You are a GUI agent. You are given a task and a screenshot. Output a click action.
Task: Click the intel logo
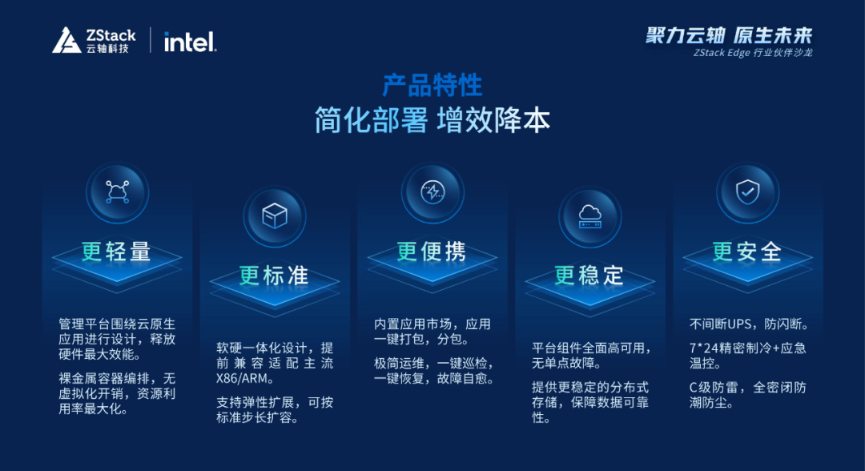pyautogui.click(x=191, y=42)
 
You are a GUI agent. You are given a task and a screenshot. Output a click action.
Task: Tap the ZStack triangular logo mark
pyautogui.click(x=66, y=41)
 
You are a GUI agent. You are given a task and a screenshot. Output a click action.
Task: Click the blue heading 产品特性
pyautogui.click(x=432, y=86)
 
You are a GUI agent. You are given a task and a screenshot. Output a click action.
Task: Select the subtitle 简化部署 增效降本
pyautogui.click(x=432, y=120)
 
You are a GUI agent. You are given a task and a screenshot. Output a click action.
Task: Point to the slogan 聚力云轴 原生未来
pyautogui.click(x=729, y=35)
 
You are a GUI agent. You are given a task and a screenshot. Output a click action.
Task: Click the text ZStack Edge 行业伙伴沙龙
pyautogui.click(x=753, y=53)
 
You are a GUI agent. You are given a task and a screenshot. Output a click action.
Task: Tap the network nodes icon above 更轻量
pyautogui.click(x=118, y=192)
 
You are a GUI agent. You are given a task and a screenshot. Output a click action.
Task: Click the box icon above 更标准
pyautogui.click(x=275, y=215)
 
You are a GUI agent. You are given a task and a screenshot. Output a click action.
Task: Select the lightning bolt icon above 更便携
pyautogui.click(x=432, y=192)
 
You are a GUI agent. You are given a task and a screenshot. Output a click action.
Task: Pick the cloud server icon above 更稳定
pyautogui.click(x=589, y=216)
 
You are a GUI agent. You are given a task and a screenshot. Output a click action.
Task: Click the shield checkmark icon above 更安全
pyautogui.click(x=747, y=192)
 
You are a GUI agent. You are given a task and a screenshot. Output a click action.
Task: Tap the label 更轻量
pyautogui.click(x=117, y=252)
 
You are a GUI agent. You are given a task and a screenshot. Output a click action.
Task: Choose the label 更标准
pyautogui.click(x=274, y=276)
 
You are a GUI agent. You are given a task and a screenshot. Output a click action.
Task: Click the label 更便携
pyautogui.click(x=432, y=252)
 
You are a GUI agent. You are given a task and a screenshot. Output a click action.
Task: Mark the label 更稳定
pyautogui.click(x=589, y=276)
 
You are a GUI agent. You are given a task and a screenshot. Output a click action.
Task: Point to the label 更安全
pyautogui.click(x=747, y=252)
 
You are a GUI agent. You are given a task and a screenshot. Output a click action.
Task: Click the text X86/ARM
pyautogui.click(x=242, y=379)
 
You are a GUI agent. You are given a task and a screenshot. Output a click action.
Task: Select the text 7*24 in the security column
pyautogui.click(x=701, y=348)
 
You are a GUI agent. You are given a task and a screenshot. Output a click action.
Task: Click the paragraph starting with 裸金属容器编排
pyautogui.click(x=118, y=394)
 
